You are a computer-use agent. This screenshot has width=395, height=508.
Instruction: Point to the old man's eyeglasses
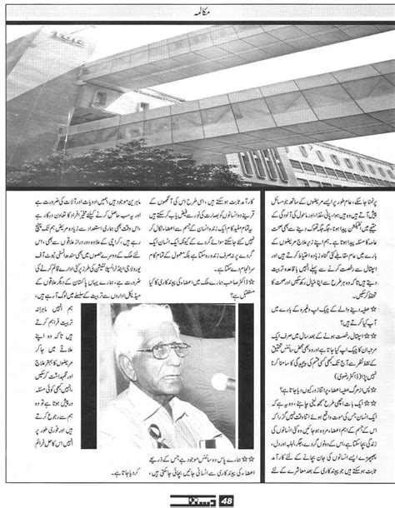point(157,350)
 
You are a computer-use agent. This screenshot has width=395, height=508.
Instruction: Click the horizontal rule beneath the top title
point(197,22)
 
